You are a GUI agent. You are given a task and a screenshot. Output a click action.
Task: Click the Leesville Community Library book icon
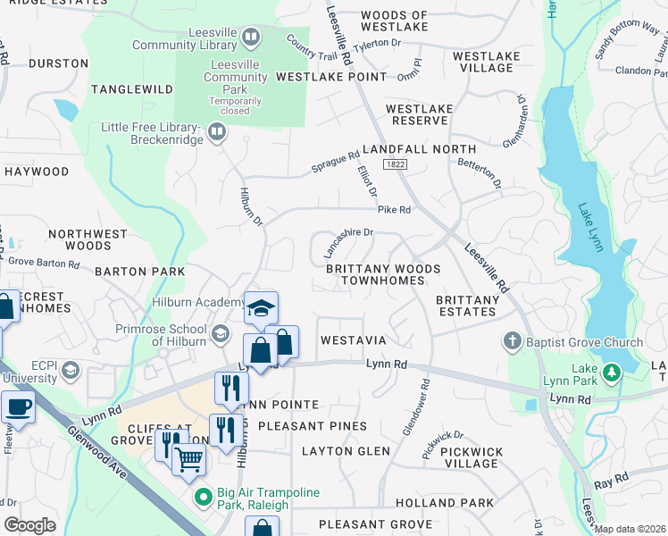click(x=251, y=38)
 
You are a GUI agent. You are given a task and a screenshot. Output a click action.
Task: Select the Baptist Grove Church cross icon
click(x=513, y=342)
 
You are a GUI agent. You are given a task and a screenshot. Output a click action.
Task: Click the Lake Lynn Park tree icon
click(x=613, y=372)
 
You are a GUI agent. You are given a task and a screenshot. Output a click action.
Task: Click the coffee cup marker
click(x=18, y=407)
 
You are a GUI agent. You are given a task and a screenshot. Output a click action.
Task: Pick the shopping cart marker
click(x=188, y=459)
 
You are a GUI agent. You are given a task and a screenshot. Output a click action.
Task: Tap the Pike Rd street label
click(x=394, y=210)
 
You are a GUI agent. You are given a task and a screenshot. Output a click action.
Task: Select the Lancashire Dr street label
click(x=347, y=242)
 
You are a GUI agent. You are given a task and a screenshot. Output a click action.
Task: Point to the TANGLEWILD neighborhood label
click(x=130, y=88)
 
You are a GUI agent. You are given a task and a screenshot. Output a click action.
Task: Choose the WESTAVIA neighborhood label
click(x=353, y=340)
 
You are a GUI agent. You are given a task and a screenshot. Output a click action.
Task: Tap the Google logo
click(x=29, y=525)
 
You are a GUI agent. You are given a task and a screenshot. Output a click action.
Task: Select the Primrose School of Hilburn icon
click(x=220, y=335)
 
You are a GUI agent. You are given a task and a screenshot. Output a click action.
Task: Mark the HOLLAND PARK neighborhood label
click(x=456, y=503)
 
